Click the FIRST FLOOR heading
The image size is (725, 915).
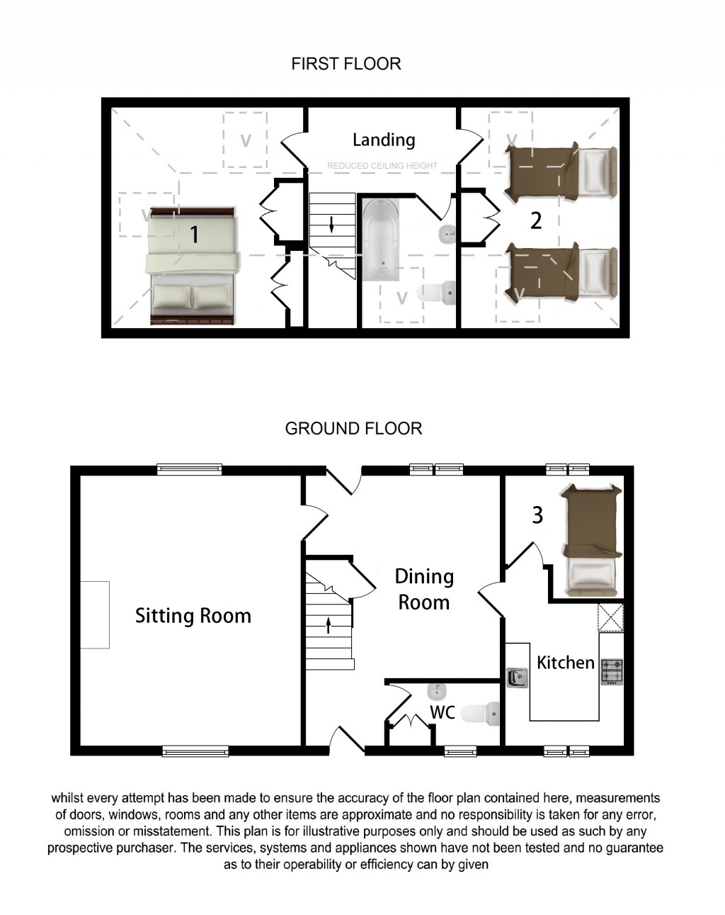click(346, 64)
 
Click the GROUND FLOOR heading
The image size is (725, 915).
click(353, 428)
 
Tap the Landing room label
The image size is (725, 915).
click(383, 140)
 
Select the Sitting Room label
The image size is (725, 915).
click(193, 615)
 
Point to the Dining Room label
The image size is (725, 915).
click(423, 589)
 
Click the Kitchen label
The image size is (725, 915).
click(565, 663)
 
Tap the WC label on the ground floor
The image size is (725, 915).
click(443, 712)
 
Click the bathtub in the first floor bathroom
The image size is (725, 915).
click(381, 238)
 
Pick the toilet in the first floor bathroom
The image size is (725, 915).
click(436, 291)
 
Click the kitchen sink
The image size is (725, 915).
click(518, 677)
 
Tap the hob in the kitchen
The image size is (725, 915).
click(612, 671)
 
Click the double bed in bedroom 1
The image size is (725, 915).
click(193, 266)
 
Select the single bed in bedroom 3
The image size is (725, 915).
click(591, 540)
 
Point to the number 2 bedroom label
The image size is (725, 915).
click(536, 220)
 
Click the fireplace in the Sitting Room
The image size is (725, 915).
click(94, 614)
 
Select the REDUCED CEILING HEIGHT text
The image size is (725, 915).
click(382, 166)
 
